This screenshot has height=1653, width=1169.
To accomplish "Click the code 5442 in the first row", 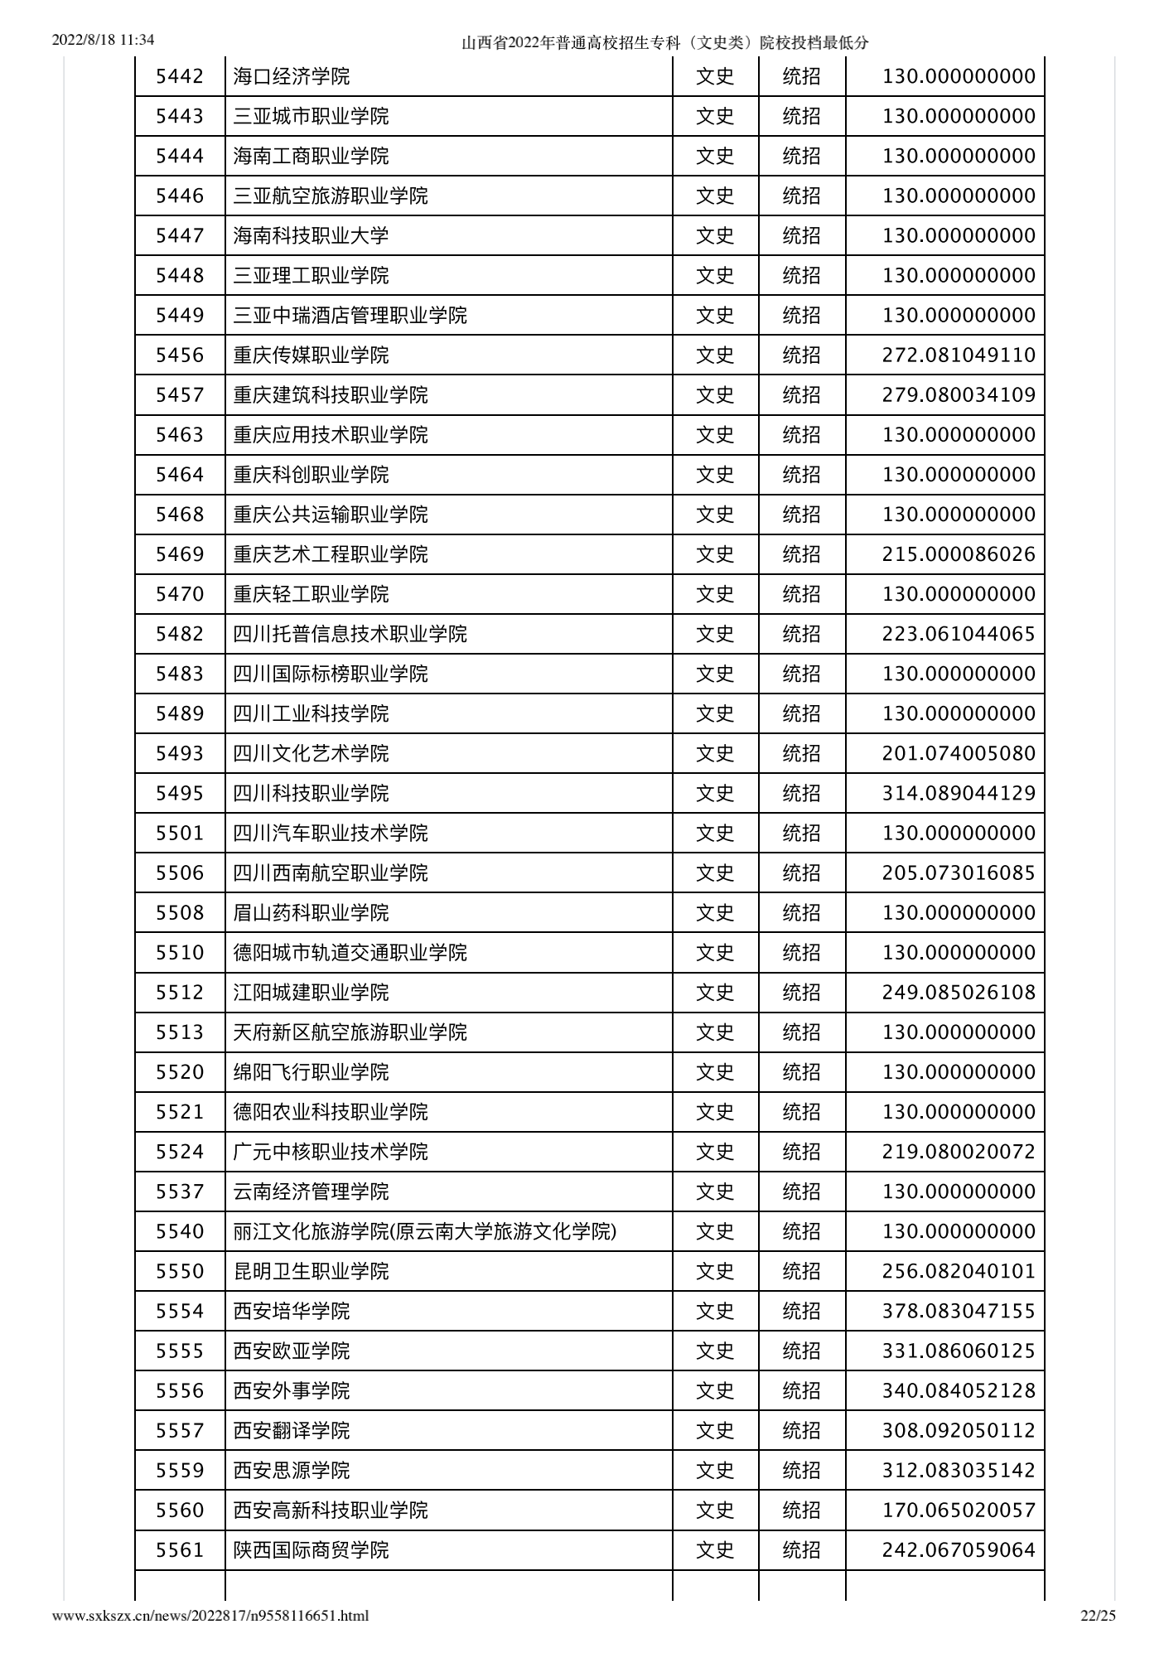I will tap(180, 77).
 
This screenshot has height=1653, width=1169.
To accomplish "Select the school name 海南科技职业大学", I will tap(311, 236).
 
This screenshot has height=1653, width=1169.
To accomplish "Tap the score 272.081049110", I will tap(959, 355).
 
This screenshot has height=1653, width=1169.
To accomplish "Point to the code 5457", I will tap(180, 395).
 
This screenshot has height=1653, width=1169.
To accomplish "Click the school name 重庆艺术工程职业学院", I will tap(330, 554).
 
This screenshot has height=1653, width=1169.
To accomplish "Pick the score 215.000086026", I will tap(959, 554).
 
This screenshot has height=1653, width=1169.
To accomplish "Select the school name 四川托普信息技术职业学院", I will tap(350, 634).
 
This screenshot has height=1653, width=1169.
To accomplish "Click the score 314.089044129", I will tap(959, 793).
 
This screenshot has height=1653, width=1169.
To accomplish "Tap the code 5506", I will tap(180, 872).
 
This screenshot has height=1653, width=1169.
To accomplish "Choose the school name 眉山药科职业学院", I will tap(311, 912).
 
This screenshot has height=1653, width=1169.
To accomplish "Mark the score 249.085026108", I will tap(959, 992).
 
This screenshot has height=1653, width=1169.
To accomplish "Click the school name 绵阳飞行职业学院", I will tap(311, 1072).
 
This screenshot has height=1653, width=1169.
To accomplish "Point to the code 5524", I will tap(180, 1152).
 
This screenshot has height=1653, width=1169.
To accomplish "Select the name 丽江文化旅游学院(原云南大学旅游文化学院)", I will tap(424, 1231).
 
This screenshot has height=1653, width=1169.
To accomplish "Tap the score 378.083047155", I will tap(959, 1311).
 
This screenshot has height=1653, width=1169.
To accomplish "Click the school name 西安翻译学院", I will tap(292, 1430).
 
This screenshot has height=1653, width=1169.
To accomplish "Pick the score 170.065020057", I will tap(959, 1510).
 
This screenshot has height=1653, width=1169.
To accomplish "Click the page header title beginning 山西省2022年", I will tap(665, 43).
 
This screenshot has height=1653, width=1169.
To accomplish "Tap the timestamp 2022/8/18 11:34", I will tap(104, 40).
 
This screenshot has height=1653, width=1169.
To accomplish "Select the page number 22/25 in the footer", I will tap(1099, 1615).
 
